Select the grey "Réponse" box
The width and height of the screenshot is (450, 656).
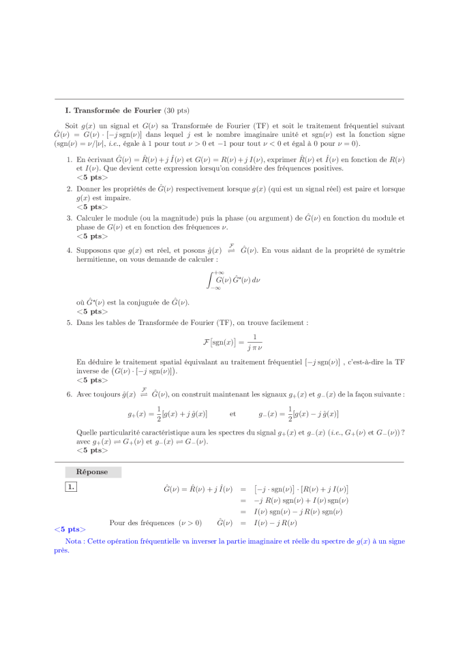point(93,471)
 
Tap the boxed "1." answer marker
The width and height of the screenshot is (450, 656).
point(71,486)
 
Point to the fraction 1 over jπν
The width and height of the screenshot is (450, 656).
point(254,341)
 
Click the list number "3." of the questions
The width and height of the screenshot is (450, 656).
point(70,219)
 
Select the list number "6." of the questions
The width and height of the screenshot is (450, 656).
point(70,394)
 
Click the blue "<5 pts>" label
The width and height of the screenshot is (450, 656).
point(70,529)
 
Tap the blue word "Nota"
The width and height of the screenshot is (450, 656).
point(74,541)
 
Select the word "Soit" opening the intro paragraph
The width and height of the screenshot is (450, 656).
point(71,126)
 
